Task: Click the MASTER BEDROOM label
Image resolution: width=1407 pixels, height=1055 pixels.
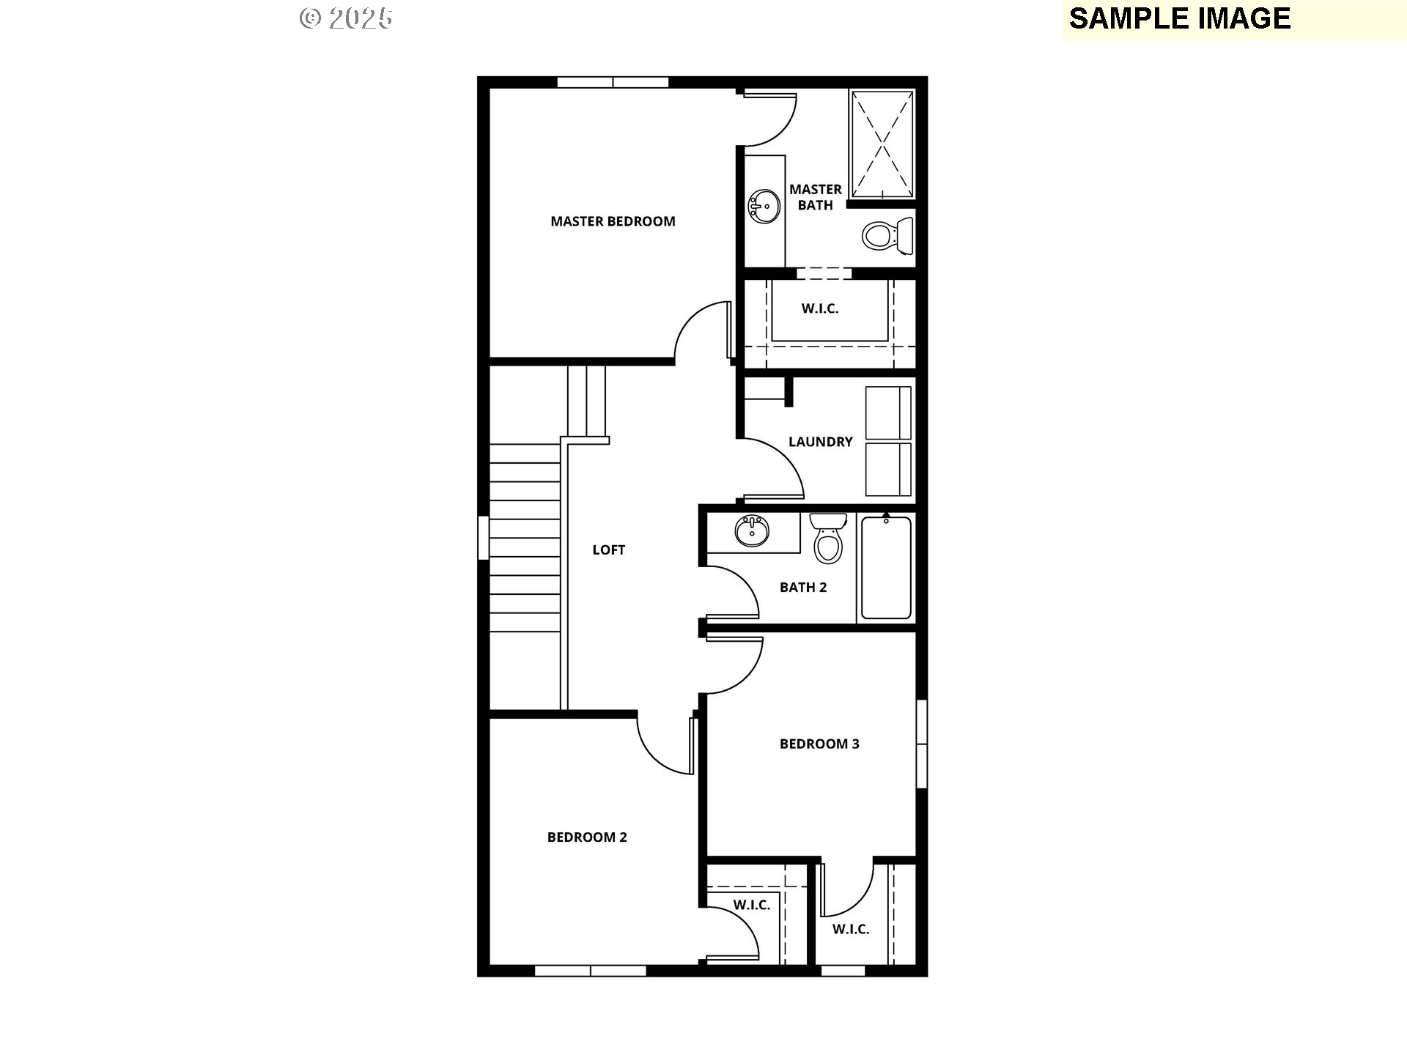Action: (x=613, y=221)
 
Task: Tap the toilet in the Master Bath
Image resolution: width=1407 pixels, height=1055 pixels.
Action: (x=887, y=235)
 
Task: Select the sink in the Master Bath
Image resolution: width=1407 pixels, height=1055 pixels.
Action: (x=764, y=206)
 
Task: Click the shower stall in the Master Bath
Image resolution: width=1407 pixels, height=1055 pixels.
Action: (x=882, y=144)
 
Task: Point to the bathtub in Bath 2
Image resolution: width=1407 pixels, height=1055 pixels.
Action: (x=886, y=568)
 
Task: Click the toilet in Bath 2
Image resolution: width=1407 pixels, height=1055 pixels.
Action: (x=828, y=538)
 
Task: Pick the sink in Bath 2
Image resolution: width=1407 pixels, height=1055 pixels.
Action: (x=752, y=531)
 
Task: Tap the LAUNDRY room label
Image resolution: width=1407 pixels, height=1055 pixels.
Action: (x=820, y=442)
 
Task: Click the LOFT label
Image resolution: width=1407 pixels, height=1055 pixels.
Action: (x=608, y=550)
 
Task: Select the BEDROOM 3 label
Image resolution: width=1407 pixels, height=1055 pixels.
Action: (x=819, y=744)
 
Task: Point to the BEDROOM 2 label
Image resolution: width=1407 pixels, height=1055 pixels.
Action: (x=587, y=837)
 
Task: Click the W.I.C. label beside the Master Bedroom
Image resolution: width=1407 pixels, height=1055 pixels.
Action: (x=819, y=308)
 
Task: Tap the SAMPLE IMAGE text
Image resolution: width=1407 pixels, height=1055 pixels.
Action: (x=1180, y=18)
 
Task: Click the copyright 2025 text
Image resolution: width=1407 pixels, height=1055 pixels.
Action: (x=346, y=18)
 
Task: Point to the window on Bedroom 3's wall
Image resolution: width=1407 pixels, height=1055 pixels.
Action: (x=922, y=744)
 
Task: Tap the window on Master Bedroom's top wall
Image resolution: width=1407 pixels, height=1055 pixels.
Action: (x=613, y=82)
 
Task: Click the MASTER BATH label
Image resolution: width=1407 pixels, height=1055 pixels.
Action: (x=815, y=197)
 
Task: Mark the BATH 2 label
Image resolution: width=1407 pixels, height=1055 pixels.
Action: (x=803, y=588)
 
